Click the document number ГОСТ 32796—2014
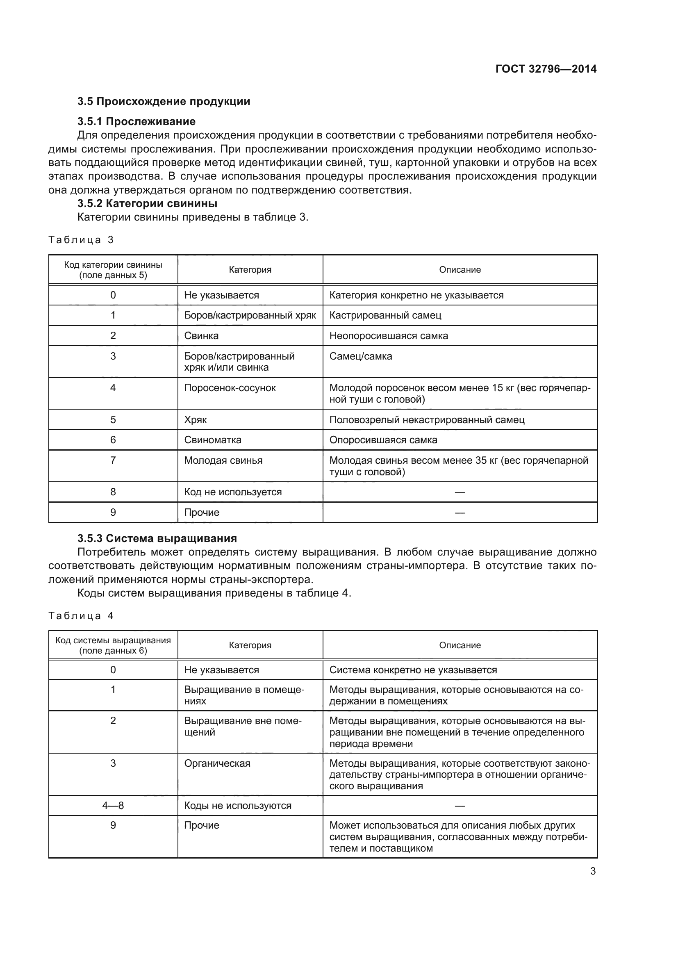pos(546,69)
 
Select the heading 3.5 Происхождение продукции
pos(164,102)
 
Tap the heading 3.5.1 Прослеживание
pos(136,121)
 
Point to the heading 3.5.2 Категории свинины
pos(147,203)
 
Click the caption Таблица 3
pos(81,240)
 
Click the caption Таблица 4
pos(81,616)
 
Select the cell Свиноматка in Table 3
pos(212,440)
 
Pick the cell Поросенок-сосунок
pos(230,387)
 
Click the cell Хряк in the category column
pos(196,419)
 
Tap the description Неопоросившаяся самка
pos(388,336)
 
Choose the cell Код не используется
pos(232,492)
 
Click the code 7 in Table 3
pos(113,460)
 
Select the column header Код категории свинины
pos(113,270)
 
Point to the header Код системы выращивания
pos(113,645)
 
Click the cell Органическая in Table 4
pos(217,763)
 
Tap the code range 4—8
pos(113,806)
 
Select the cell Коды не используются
pos(238,806)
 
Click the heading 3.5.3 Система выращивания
pos(157,538)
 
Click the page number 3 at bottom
pos(592,871)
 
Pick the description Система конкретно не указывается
pos(413,670)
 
